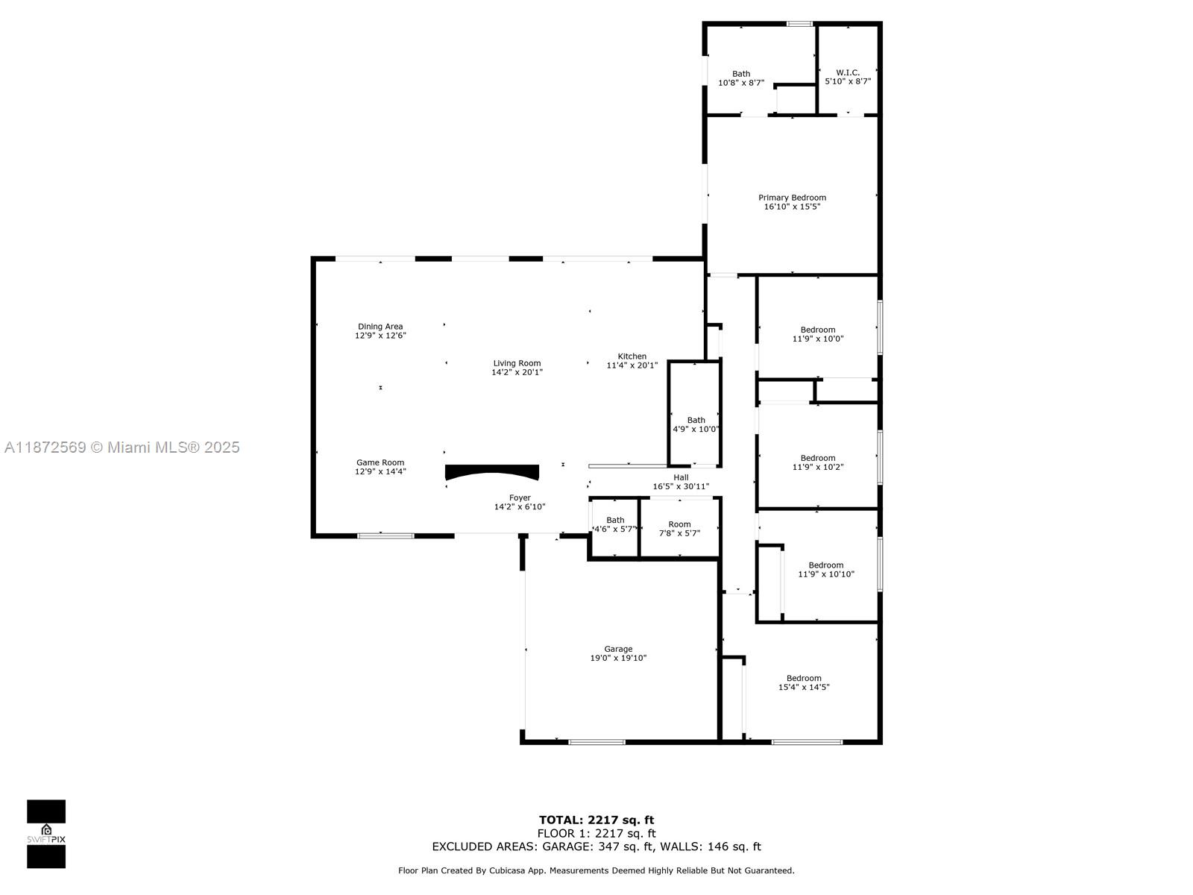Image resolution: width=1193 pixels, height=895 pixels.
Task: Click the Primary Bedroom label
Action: tap(792, 198)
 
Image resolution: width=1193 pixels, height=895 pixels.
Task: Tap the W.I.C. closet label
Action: tap(847, 72)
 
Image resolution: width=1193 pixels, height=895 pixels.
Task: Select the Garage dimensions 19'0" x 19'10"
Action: tap(618, 658)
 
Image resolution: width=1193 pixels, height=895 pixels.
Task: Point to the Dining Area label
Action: tap(380, 327)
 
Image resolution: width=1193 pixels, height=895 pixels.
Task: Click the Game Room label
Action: tap(380, 462)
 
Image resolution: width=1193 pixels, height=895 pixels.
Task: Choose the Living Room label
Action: tap(517, 363)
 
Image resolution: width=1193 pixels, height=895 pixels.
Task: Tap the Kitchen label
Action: tap(632, 357)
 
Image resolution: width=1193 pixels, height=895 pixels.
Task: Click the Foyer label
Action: tap(520, 497)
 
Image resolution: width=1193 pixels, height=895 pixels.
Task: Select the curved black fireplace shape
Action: tap(492, 471)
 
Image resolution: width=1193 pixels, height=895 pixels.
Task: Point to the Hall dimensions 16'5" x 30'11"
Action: tap(681, 486)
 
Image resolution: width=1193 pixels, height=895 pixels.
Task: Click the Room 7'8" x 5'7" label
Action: tap(679, 529)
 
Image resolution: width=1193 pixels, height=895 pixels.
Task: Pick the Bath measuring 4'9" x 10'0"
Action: tap(696, 424)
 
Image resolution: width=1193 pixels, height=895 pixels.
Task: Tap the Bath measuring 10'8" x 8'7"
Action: tap(741, 78)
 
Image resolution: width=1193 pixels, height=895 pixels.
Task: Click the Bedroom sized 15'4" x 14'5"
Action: tap(804, 682)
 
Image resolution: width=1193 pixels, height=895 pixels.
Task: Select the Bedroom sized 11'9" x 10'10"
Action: tap(825, 570)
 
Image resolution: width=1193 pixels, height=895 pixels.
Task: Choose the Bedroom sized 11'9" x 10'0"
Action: tap(817, 334)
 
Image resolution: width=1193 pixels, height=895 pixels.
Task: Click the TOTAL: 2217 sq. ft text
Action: tap(596, 820)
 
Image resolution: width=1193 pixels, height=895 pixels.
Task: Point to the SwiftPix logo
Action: tap(46, 834)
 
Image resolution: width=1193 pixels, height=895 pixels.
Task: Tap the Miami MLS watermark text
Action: tap(122, 447)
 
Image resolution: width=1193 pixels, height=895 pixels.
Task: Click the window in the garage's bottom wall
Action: tap(596, 742)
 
